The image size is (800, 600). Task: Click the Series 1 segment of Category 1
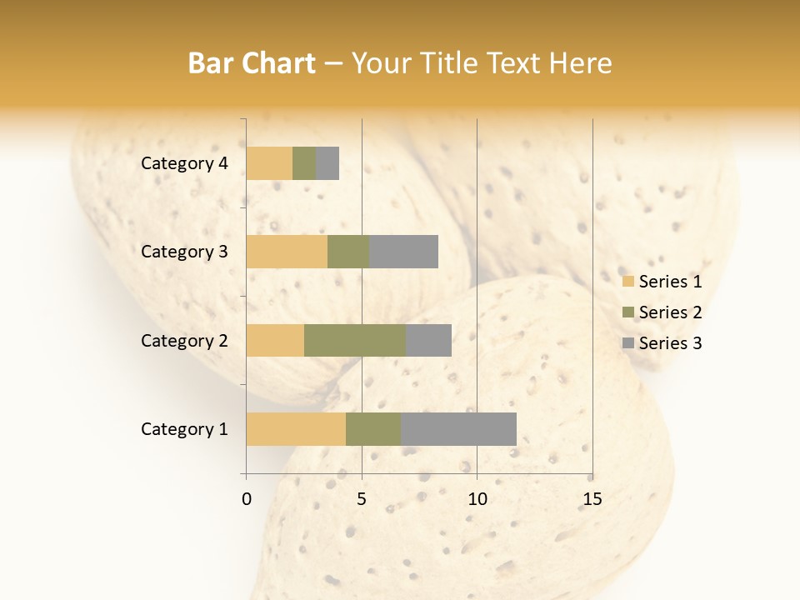pyautogui.click(x=296, y=429)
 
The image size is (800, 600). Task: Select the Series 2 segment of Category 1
pyautogui.click(x=373, y=429)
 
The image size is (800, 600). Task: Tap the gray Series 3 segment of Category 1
pyautogui.click(x=458, y=429)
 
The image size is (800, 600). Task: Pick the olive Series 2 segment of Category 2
pyautogui.click(x=355, y=340)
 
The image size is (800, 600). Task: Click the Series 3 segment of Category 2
pyautogui.click(x=428, y=340)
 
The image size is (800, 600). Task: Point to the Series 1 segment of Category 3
pyautogui.click(x=287, y=252)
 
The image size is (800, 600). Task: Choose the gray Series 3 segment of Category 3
pyautogui.click(x=403, y=252)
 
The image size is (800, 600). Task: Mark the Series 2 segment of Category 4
pyautogui.click(x=304, y=163)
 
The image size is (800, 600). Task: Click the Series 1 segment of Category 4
pyautogui.click(x=269, y=163)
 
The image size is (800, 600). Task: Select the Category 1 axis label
pyautogui.click(x=184, y=429)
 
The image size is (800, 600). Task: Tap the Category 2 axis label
pyautogui.click(x=184, y=340)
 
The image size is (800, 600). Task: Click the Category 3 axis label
pyautogui.click(x=184, y=252)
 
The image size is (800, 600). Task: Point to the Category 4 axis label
pyautogui.click(x=184, y=163)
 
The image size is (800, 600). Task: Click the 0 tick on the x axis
pyautogui.click(x=247, y=499)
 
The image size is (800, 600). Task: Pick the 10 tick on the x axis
pyautogui.click(x=477, y=499)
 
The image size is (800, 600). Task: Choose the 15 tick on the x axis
pyautogui.click(x=592, y=499)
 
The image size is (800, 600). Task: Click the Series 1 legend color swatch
pyautogui.click(x=628, y=282)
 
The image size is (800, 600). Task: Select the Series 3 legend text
pyautogui.click(x=670, y=343)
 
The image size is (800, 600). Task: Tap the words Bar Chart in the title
pyautogui.click(x=252, y=63)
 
